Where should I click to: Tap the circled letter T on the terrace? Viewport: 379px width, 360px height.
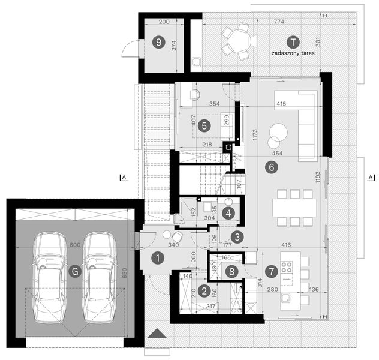[293, 42]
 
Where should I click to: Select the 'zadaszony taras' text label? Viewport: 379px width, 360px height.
[293, 53]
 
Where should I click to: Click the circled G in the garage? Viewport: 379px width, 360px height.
[74, 271]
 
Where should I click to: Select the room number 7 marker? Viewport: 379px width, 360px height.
[272, 271]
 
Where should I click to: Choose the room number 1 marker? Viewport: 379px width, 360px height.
[158, 259]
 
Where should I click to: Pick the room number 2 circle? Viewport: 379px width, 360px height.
[204, 292]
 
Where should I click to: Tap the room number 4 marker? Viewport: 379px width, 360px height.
[228, 212]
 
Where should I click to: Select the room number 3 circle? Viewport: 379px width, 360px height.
[237, 236]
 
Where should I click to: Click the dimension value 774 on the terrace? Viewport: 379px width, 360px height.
[279, 22]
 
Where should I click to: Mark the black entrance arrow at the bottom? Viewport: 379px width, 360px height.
[157, 335]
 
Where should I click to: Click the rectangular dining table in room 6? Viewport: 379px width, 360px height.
[294, 207]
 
